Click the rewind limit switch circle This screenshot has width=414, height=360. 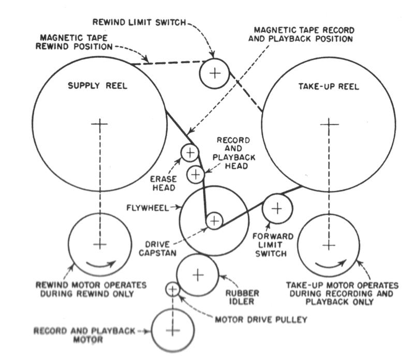tap(214, 73)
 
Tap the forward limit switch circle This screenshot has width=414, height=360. tap(277, 209)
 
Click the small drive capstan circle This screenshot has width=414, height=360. tap(214, 221)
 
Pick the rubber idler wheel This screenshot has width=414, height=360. tap(198, 274)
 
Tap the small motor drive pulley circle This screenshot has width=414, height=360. tap(172, 289)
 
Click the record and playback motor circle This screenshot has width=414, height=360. tap(172, 330)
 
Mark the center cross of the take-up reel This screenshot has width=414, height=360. tap(329, 124)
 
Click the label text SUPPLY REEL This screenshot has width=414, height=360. tap(98, 86)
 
